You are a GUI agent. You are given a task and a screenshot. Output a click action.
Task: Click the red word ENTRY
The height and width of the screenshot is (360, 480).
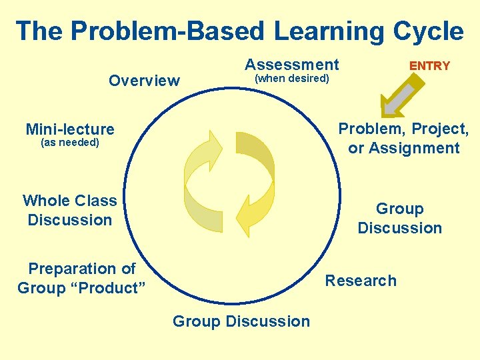pyautogui.click(x=429, y=66)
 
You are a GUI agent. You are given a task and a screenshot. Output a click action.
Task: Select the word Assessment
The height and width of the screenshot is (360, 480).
pyautogui.click(x=292, y=65)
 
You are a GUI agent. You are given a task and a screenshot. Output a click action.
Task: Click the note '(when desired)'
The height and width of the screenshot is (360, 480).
pyautogui.click(x=292, y=79)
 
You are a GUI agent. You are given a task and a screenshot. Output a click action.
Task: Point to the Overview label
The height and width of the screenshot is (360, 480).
pyautogui.click(x=144, y=81)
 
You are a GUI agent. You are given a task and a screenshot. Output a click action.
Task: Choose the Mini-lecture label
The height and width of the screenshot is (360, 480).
pyautogui.click(x=70, y=129)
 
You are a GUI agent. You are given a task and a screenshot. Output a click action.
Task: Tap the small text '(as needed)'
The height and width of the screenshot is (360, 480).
pyautogui.click(x=70, y=143)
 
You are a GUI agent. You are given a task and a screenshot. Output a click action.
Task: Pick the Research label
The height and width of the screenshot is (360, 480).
pyautogui.click(x=361, y=281)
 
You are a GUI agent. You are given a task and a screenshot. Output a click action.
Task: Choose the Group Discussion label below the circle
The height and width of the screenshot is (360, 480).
pyautogui.click(x=241, y=321)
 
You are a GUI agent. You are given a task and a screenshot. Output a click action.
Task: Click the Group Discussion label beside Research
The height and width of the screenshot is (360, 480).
pyautogui.click(x=399, y=219)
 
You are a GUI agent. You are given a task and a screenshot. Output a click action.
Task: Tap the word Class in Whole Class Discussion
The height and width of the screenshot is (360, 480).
pyautogui.click(x=95, y=201)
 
